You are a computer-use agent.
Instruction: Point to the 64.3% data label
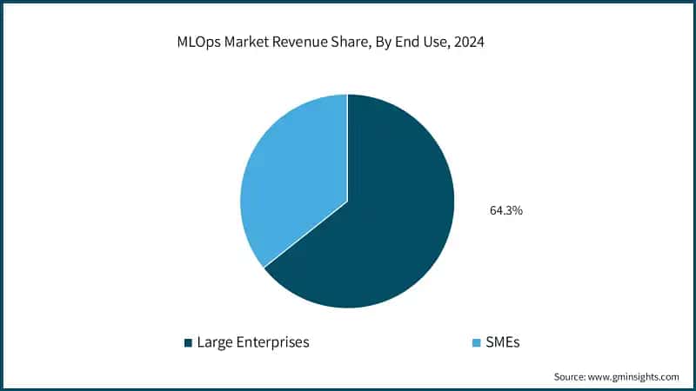[x=505, y=210]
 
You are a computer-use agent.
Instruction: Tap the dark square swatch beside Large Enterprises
[x=187, y=343]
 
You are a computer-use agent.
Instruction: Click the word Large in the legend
[x=214, y=342]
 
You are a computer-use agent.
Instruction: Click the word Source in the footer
[x=571, y=377]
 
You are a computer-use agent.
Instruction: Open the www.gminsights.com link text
[x=636, y=377]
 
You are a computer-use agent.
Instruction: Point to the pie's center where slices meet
[x=348, y=201]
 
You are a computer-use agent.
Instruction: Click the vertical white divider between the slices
[x=348, y=148]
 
